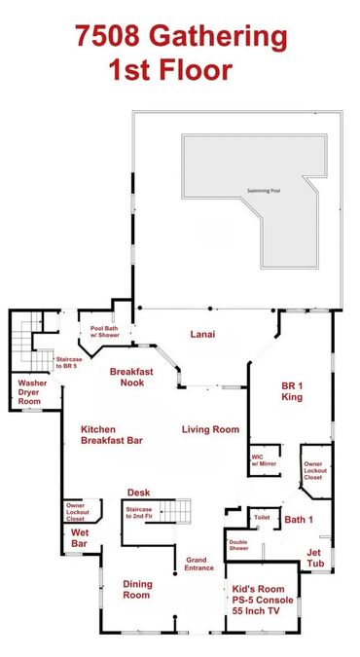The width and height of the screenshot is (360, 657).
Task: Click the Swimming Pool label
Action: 264,191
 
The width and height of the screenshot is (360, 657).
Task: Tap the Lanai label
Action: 202,335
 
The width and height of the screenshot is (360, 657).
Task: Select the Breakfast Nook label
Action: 131,377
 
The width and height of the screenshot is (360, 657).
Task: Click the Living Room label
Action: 210,429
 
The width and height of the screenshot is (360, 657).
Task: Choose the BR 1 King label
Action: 292,391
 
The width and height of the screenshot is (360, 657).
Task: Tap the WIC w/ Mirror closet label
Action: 264,460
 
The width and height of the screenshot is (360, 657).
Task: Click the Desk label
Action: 139,493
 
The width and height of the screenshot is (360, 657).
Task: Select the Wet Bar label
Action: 79,538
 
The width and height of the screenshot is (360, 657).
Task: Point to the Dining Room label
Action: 137,589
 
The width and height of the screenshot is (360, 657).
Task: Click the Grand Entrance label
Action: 199,564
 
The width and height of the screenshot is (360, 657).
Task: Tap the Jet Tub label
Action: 315,558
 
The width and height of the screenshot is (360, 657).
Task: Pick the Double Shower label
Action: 239,545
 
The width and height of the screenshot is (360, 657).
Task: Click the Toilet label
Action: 262,518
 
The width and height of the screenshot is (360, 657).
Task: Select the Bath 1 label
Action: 299,520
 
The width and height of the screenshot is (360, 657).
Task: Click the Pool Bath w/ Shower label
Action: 105,332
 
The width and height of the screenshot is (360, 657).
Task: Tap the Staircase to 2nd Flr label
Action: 139,512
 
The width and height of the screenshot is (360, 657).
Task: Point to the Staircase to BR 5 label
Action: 69,362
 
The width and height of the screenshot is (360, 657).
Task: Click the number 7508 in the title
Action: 108,36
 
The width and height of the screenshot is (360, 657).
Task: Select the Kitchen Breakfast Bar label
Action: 112,435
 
